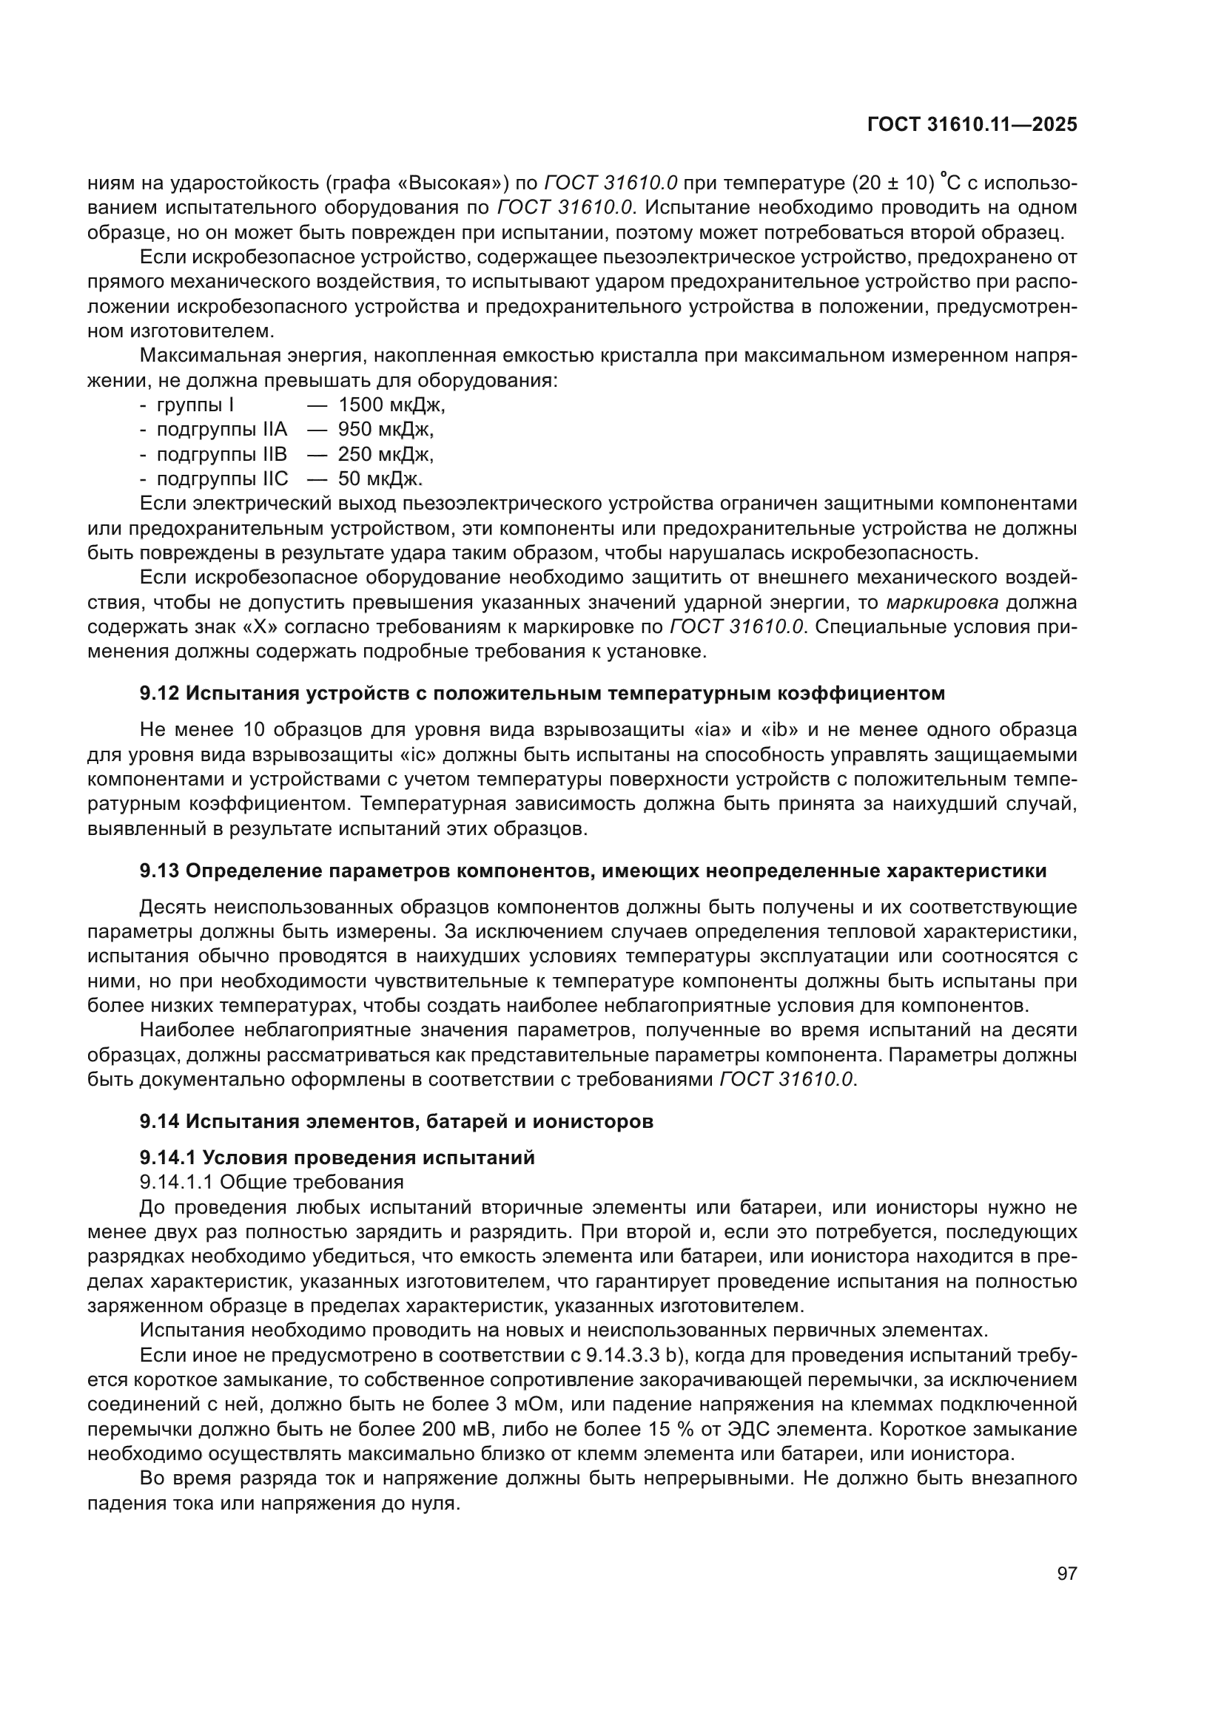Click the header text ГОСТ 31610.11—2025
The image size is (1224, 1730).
point(972,125)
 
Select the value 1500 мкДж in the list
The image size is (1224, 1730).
point(391,405)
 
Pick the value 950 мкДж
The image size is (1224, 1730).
point(385,430)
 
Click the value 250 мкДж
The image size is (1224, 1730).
point(385,454)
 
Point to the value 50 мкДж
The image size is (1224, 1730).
point(380,479)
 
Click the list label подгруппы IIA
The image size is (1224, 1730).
point(221,430)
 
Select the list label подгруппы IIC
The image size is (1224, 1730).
point(221,479)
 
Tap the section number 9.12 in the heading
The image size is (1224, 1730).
point(160,693)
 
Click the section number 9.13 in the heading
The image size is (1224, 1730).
point(160,871)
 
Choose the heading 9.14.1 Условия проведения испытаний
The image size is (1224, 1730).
point(337,1158)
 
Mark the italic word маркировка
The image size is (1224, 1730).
point(943,603)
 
